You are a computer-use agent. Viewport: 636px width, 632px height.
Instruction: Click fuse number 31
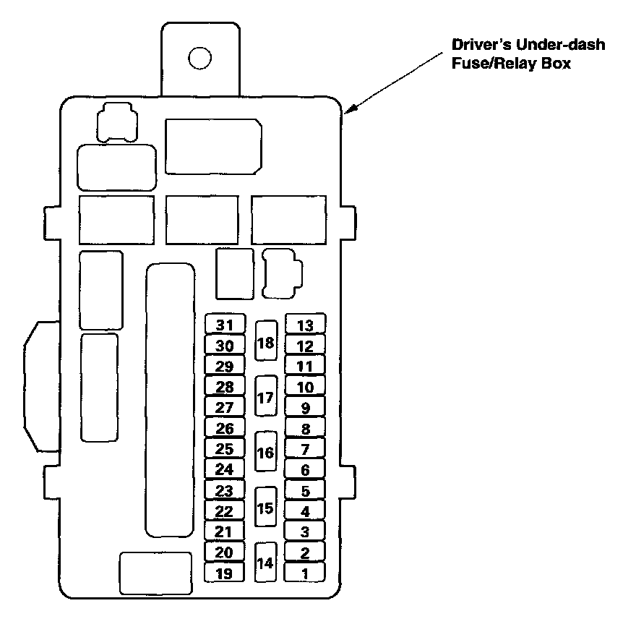pos(225,325)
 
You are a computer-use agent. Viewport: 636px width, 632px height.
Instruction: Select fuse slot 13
pos(305,325)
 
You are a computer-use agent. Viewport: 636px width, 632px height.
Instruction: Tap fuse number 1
pos(305,574)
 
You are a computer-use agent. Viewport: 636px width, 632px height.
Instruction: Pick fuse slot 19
pos(225,574)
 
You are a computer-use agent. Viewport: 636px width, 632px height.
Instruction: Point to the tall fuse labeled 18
pos(266,342)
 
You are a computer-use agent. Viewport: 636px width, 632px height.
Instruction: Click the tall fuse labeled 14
pos(266,563)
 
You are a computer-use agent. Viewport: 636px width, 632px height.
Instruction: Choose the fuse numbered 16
pos(266,453)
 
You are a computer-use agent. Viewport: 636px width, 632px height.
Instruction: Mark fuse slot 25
pos(225,449)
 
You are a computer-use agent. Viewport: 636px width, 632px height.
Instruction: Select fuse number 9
pos(305,408)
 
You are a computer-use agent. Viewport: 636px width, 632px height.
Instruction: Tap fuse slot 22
pos(225,511)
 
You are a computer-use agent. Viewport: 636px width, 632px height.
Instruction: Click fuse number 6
pos(305,470)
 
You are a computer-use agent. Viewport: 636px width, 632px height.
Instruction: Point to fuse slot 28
pos(225,387)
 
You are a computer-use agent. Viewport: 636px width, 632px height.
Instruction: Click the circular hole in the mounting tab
pos(199,58)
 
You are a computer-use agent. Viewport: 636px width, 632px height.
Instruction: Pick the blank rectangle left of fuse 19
pos(155,573)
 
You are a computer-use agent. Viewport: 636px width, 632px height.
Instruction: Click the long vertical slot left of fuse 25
pos(171,401)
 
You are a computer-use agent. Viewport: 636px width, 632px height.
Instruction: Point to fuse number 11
pos(305,367)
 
